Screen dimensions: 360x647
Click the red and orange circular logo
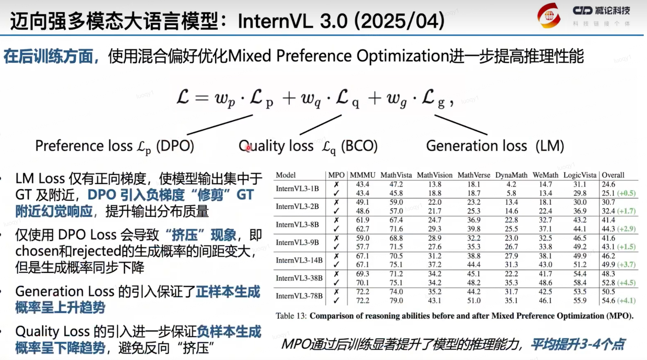(549, 15)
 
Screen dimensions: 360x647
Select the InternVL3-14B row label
(299, 260)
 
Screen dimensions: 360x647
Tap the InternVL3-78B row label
(299, 296)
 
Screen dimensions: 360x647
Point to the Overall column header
(613, 175)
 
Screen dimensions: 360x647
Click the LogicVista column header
(580, 175)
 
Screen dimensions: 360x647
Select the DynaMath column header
(511, 175)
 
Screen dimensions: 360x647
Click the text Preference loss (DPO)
(114, 146)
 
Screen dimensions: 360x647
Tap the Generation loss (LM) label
(495, 146)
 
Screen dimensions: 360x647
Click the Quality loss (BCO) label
(308, 146)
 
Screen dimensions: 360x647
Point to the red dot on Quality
(248, 148)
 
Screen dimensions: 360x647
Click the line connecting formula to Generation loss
(461, 124)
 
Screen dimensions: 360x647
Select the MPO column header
(337, 175)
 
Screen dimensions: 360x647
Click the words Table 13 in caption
(291, 316)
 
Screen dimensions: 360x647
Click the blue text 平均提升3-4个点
(578, 345)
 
